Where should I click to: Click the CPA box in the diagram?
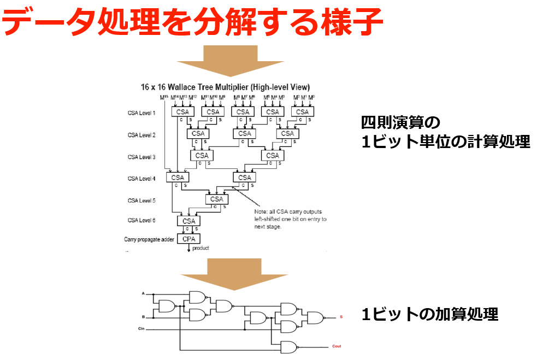(x=188, y=239)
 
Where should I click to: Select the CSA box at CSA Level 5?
(x=217, y=199)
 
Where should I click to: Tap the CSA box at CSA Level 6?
(x=188, y=221)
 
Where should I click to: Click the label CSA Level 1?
(x=141, y=113)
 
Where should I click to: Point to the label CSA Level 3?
(x=141, y=157)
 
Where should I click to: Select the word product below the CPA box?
(x=200, y=248)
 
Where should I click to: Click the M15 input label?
(x=164, y=98)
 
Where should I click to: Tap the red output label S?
(x=341, y=317)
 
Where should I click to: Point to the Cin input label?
(x=141, y=329)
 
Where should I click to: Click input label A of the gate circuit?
(x=143, y=294)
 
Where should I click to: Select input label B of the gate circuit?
(x=143, y=317)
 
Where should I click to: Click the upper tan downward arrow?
(x=230, y=61)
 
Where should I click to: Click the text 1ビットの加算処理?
(x=429, y=315)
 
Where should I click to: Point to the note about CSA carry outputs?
(x=290, y=219)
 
